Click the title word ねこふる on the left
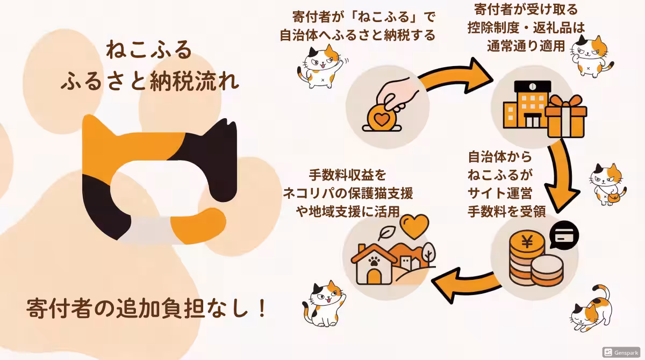click(x=149, y=50)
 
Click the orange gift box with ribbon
click(x=566, y=116)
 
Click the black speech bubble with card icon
click(x=564, y=234)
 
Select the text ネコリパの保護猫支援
click(x=348, y=193)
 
